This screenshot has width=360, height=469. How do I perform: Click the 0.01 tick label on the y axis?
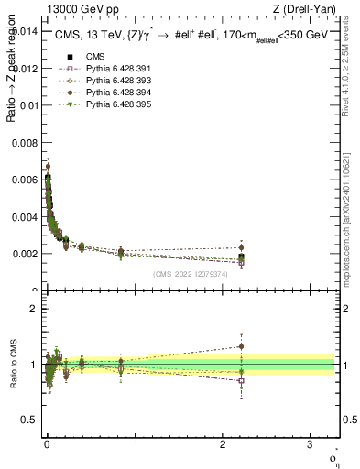(28, 105)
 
